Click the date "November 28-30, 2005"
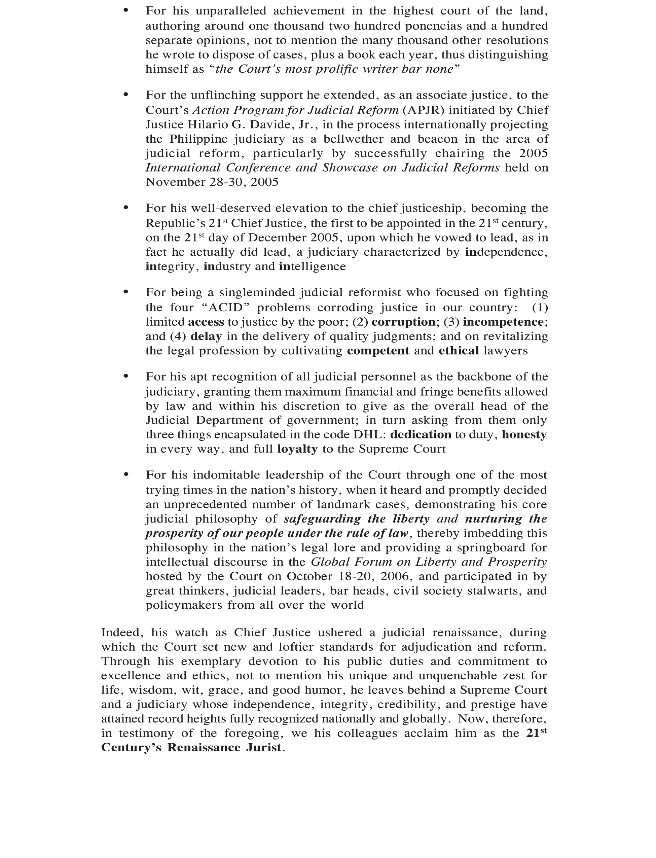click(x=212, y=182)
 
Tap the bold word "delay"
click(x=206, y=336)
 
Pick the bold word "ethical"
click(x=459, y=351)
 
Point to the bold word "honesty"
click(x=524, y=434)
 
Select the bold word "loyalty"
click(x=297, y=449)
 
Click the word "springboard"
click(x=487, y=547)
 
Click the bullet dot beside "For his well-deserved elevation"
click(x=126, y=207)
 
